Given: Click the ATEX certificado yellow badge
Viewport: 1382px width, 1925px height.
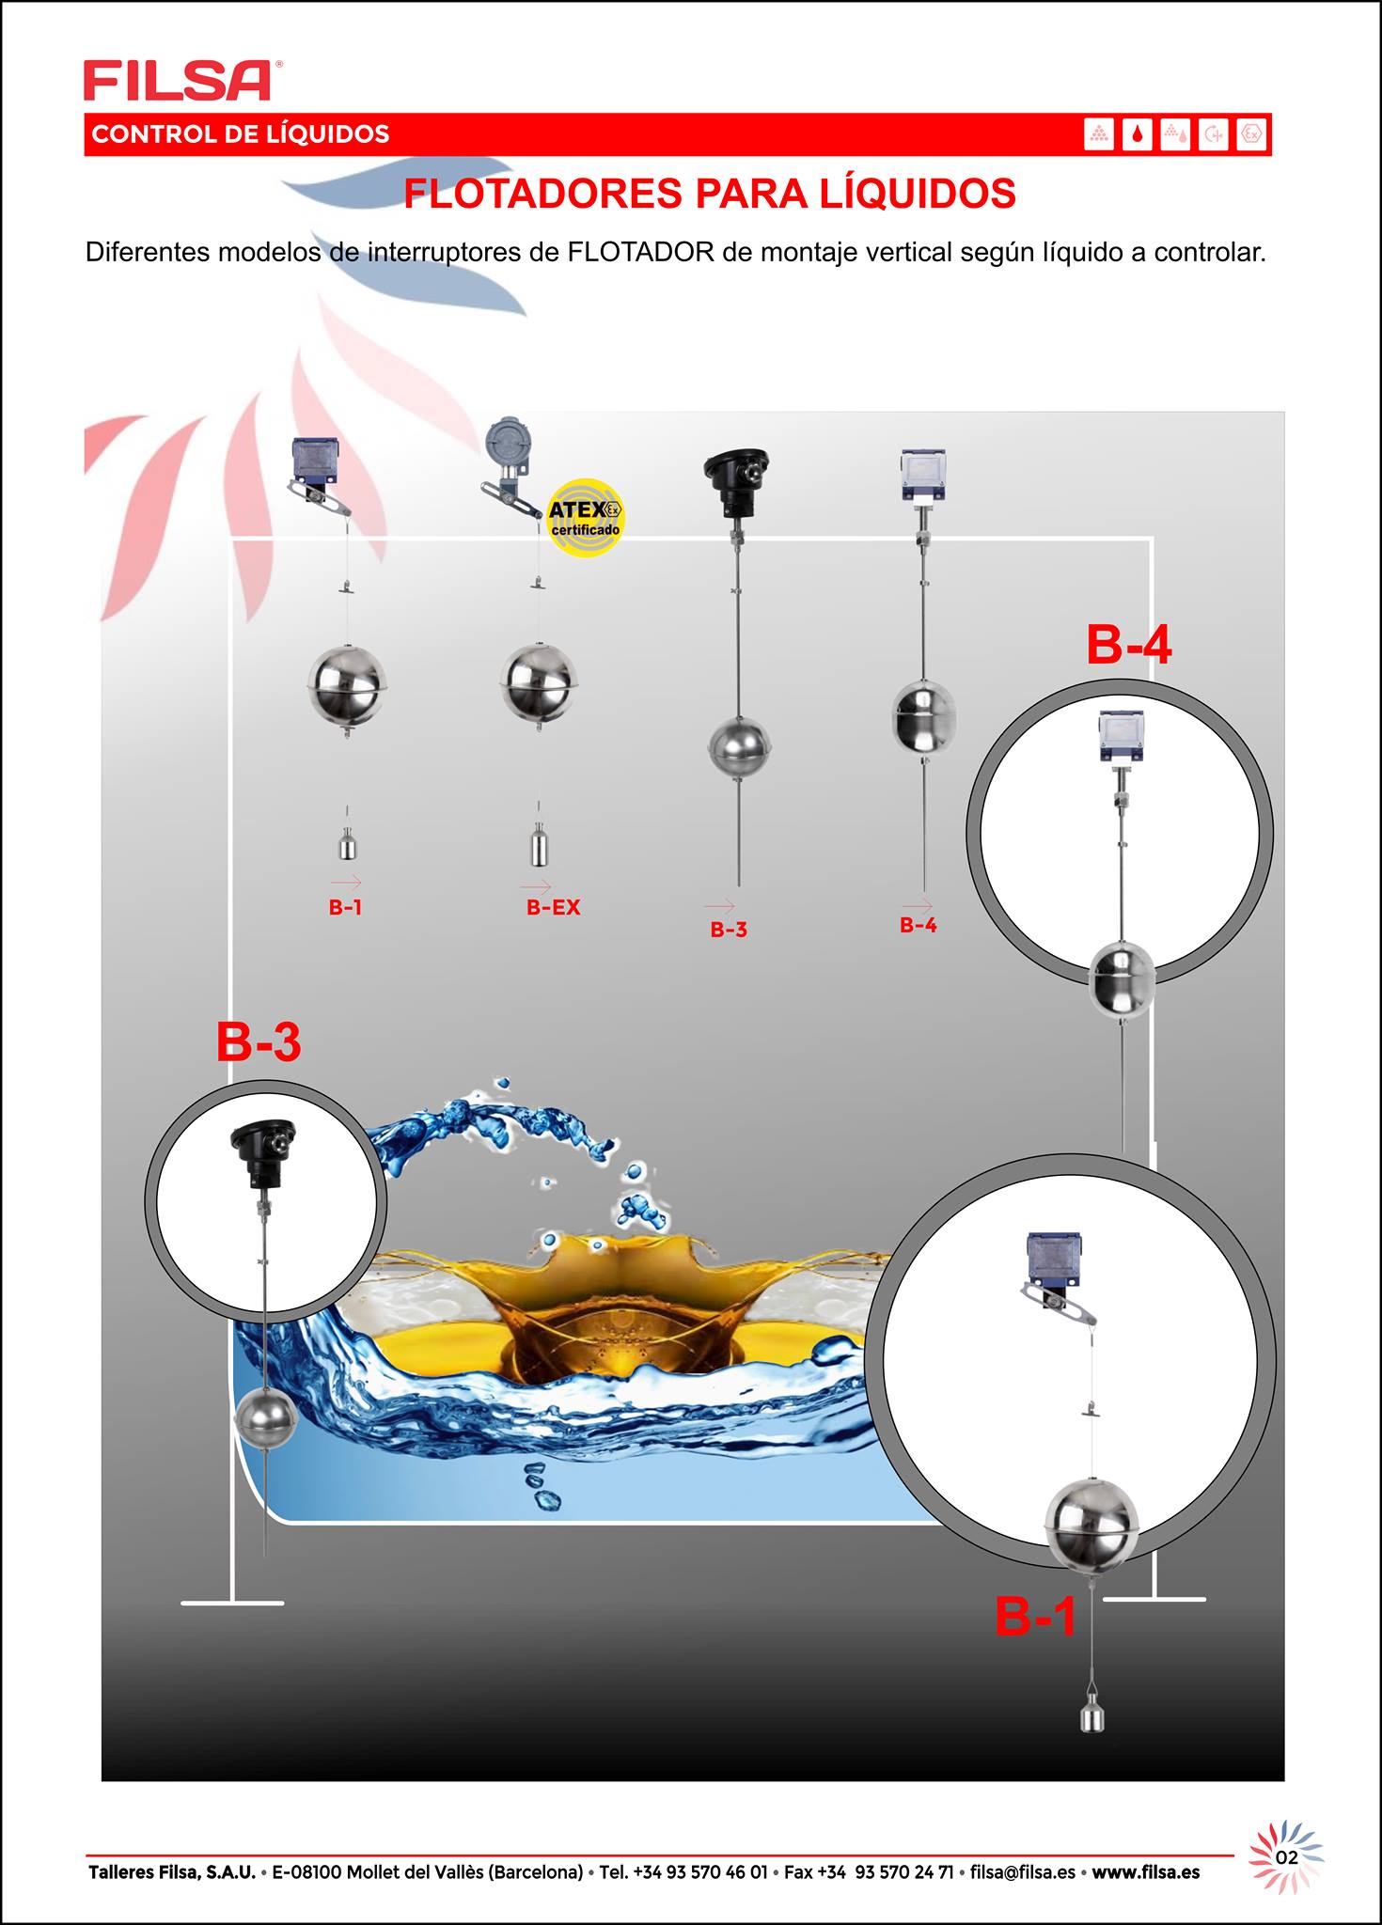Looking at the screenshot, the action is pos(586,517).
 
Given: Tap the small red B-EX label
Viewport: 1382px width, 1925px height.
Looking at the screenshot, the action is pos(553,907).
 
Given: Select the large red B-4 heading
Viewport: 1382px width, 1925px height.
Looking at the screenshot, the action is pos(1128,646).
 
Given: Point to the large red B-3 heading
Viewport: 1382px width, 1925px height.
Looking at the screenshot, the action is pos(259,1042).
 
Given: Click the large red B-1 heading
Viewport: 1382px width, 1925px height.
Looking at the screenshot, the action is pos(1036,1616).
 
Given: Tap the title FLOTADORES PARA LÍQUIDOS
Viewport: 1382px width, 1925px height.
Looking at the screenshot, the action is pos(710,194).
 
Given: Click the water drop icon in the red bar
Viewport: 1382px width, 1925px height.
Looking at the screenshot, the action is pos(1138,134).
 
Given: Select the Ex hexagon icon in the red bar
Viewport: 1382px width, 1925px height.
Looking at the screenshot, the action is pos(1251,134).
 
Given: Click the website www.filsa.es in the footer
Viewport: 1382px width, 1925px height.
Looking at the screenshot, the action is pos(1145,1871).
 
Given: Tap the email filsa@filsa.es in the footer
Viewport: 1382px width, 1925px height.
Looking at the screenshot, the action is pos(1023,1871).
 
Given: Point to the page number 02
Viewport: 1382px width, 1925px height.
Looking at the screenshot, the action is pos(1287,1857).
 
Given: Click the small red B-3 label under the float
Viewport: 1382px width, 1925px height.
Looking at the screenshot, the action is pos(729,930).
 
